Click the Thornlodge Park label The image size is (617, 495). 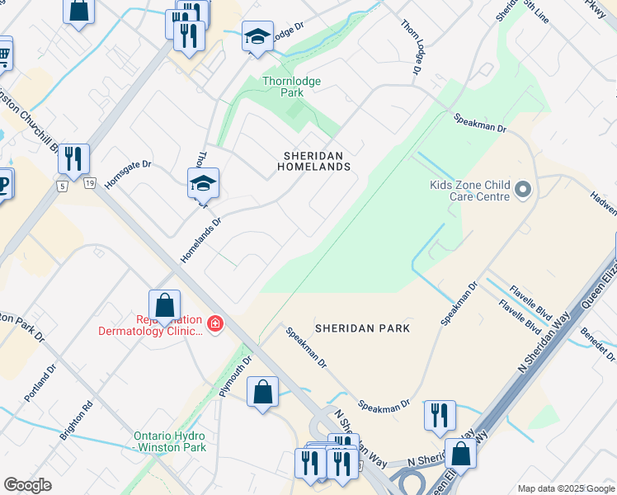point(291,87)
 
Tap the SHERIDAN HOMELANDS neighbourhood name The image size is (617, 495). point(318,160)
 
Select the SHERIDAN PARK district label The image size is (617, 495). point(363,328)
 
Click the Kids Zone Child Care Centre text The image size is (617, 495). point(469,191)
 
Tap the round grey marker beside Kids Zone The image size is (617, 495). point(522,191)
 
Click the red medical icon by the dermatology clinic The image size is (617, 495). point(215,324)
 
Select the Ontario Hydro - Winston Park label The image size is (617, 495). point(171,441)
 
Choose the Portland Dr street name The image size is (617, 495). point(40,384)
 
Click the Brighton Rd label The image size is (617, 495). point(82,420)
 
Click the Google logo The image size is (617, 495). point(27,485)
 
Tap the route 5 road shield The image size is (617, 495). point(62,186)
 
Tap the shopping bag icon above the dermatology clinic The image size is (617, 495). point(165,304)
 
